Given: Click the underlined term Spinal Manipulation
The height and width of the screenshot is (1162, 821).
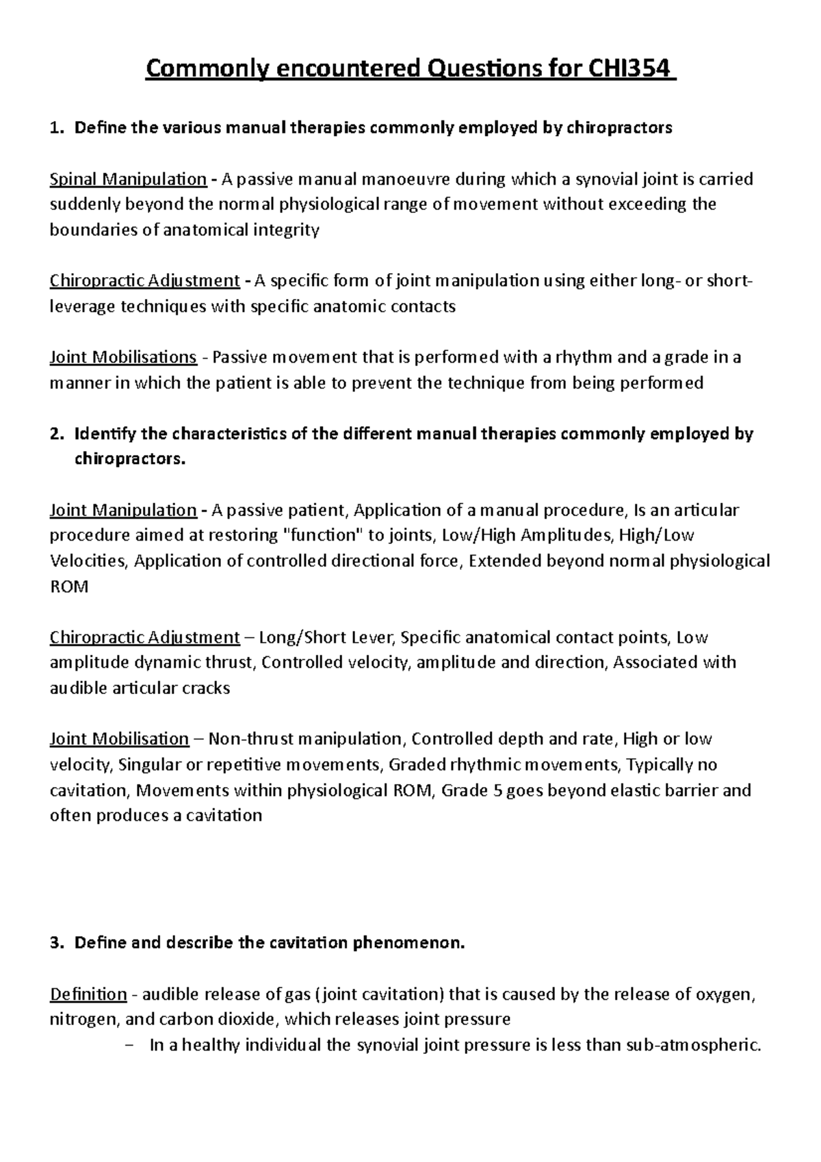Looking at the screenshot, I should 128,179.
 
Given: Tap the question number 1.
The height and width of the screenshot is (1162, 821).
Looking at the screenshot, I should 56,128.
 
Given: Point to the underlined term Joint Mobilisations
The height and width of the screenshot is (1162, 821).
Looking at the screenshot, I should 123,357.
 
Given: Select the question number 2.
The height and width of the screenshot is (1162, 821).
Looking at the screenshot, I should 56,434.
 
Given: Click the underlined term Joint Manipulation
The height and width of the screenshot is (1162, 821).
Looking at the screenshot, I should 123,511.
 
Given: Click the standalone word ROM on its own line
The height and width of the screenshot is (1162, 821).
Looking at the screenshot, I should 69,587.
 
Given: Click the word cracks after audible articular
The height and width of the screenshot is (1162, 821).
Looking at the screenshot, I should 206,688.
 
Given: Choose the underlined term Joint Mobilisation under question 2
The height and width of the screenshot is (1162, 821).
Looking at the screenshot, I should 119,739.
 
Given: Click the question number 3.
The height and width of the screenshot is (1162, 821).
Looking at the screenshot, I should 56,943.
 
